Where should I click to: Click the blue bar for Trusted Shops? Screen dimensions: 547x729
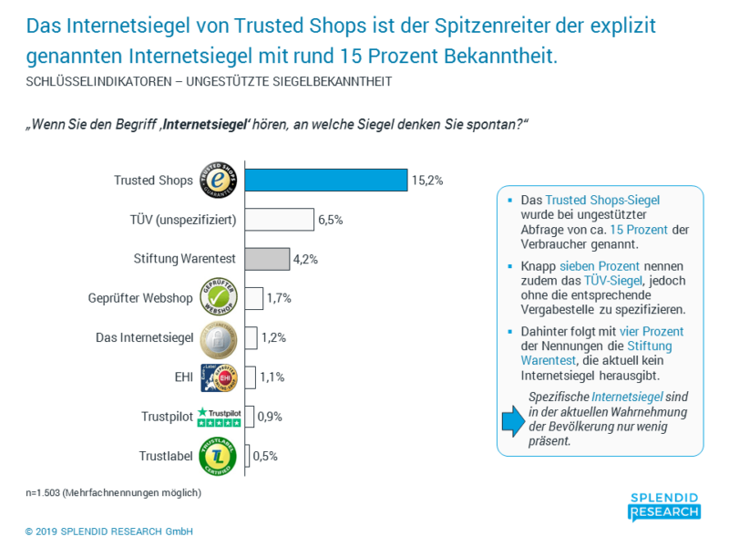coord(326,181)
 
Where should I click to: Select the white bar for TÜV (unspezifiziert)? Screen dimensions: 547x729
coord(280,220)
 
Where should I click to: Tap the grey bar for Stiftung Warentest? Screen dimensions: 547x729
coord(268,259)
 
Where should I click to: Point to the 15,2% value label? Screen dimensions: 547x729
coord(426,181)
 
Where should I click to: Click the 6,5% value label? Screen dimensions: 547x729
coord(330,220)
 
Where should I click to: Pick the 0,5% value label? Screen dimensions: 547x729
coord(266,456)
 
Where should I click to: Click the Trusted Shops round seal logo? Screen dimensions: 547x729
coord(217,180)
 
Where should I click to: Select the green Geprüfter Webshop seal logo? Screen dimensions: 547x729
coord(218,298)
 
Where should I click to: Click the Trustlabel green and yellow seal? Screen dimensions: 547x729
coord(218,456)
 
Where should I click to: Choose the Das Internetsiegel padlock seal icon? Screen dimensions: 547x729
coord(218,337)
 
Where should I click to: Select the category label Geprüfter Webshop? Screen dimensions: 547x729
coord(141,298)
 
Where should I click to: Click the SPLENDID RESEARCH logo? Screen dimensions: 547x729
coord(664,507)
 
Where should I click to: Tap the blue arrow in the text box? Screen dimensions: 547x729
coord(512,419)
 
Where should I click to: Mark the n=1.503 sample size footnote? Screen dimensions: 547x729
coord(113,492)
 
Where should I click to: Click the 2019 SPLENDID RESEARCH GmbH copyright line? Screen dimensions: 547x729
coord(108,532)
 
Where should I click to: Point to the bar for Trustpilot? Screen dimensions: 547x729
coord(249,417)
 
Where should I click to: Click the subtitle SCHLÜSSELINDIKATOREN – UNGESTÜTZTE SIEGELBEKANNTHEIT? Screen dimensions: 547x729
coord(209,81)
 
